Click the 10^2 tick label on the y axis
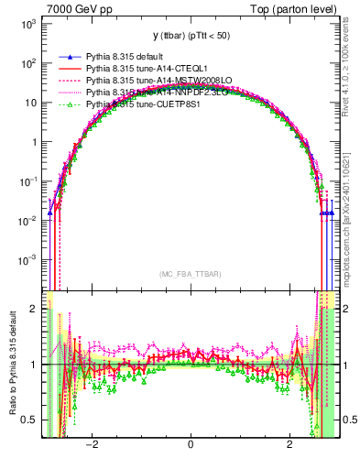[29, 63]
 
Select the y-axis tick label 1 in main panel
[35, 142]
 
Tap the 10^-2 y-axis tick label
[28, 221]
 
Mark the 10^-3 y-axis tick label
[28, 260]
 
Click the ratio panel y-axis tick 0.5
[31, 420]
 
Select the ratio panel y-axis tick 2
[35, 309]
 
